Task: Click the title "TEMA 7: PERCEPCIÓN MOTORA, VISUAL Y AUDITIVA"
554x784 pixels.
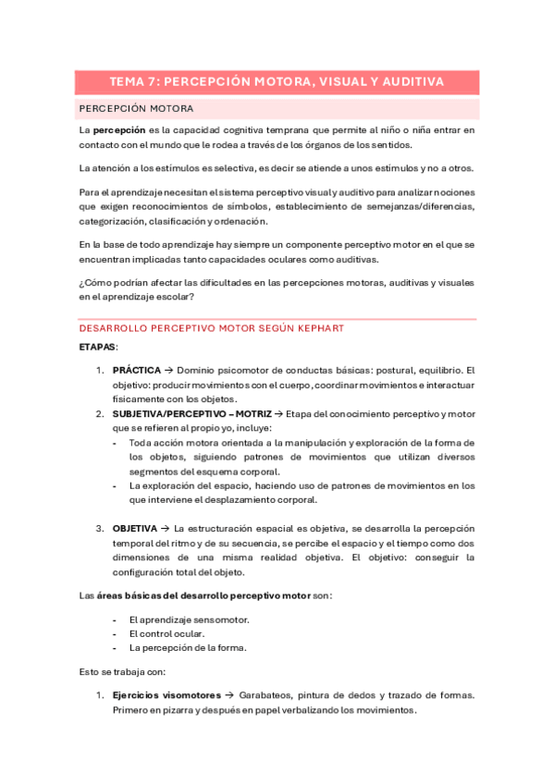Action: [x=277, y=82]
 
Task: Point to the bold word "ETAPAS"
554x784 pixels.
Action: [x=97, y=347]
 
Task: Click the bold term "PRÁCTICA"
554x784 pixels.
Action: [x=137, y=369]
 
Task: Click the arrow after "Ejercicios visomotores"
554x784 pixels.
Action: [x=229, y=695]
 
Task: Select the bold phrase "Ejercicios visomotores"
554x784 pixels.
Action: [x=166, y=695]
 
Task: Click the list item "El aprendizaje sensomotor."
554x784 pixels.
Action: [x=189, y=619]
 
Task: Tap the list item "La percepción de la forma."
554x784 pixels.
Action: [x=188, y=648]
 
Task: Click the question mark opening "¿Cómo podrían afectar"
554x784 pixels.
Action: [x=82, y=284]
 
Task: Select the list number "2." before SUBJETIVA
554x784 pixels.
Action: [x=101, y=414]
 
